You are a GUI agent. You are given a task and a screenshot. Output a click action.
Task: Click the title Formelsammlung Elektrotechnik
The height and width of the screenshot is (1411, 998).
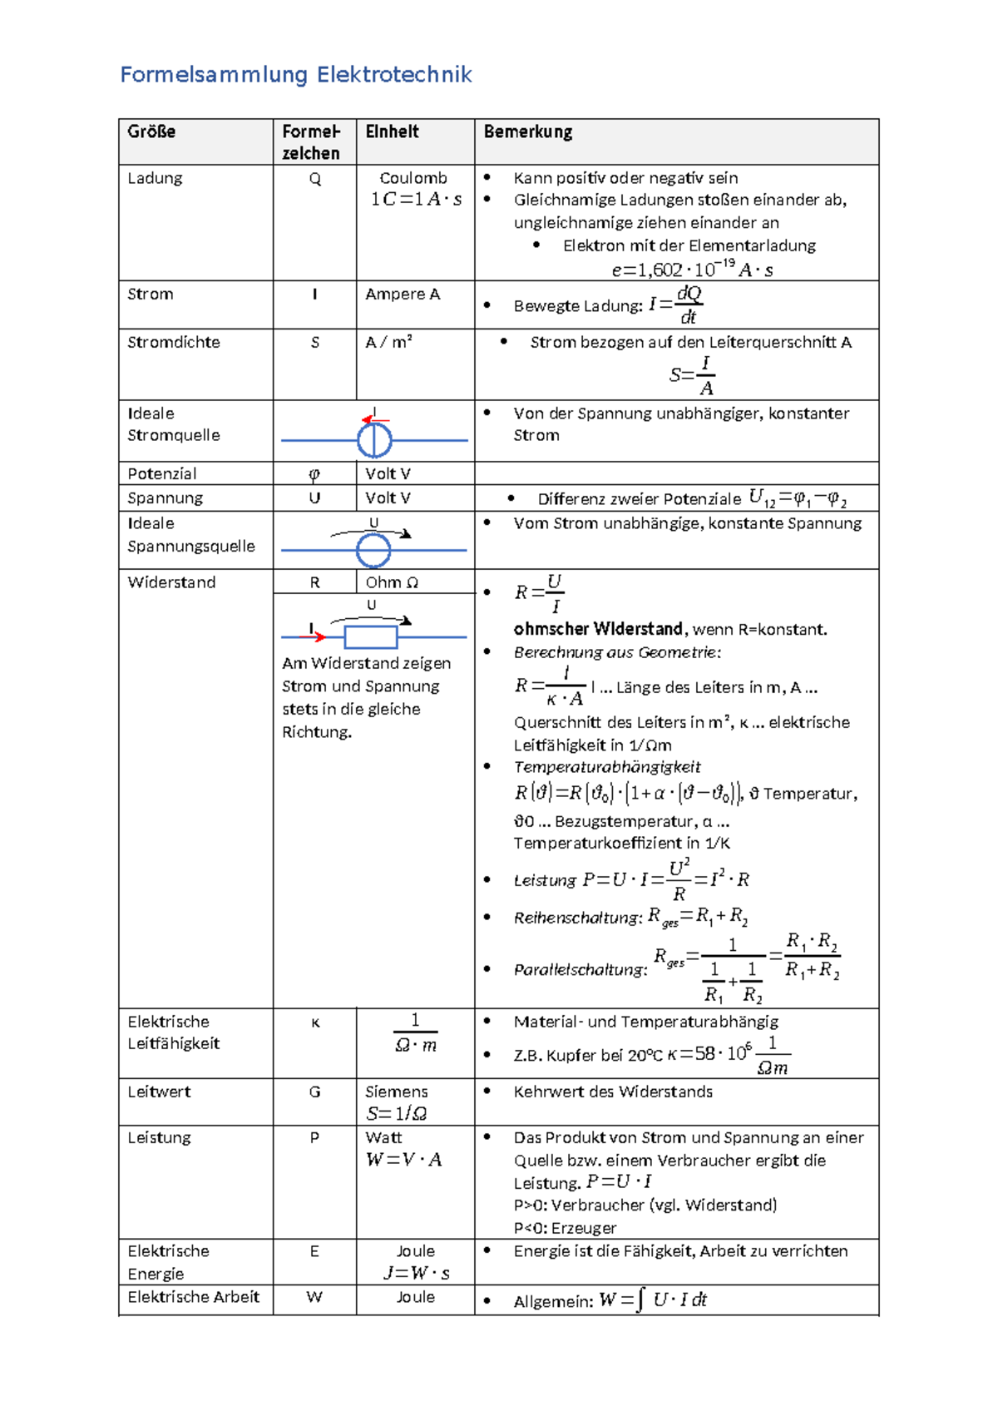point(295,75)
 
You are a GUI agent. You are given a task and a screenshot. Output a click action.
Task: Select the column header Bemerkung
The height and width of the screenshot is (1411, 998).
point(528,131)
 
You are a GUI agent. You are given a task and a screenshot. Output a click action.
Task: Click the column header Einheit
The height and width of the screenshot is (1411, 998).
point(392,131)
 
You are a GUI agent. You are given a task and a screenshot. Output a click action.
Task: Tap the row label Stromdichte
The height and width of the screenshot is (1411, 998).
point(173,342)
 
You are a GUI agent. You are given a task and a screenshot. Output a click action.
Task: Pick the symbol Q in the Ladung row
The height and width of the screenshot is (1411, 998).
point(314,179)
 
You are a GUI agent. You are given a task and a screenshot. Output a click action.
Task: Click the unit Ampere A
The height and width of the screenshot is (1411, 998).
point(402,294)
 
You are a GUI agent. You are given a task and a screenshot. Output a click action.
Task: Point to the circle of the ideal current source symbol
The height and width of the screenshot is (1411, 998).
point(374,440)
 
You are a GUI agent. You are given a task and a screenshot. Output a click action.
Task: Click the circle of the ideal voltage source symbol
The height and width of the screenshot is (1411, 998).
point(373,550)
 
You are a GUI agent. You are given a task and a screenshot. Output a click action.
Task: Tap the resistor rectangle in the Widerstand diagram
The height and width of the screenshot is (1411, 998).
point(371,637)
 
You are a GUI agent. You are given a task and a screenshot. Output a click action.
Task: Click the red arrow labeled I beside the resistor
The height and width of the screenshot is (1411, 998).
point(314,636)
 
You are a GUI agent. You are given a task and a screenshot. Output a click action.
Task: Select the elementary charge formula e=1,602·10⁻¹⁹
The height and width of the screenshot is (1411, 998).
point(692,270)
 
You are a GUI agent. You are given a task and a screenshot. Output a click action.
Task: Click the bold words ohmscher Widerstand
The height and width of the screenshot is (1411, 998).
point(597,629)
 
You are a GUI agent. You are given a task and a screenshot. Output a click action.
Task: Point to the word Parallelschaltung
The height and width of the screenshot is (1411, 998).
point(580,970)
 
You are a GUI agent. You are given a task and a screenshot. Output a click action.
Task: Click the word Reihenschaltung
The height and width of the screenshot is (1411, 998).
point(578,918)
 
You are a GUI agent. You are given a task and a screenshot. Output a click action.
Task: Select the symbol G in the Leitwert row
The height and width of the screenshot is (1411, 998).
point(314,1092)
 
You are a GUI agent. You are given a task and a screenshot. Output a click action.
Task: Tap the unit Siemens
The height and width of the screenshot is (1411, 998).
point(396,1092)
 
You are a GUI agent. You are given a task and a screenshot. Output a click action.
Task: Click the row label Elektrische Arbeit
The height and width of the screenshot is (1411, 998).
point(193,1297)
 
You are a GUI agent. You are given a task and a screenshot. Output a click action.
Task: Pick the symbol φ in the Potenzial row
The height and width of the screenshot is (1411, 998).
point(314,474)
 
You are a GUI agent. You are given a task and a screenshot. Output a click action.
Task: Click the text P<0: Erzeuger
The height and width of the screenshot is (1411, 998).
point(565,1228)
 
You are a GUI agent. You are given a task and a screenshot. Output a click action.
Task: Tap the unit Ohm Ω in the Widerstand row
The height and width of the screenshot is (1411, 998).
point(392,582)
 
